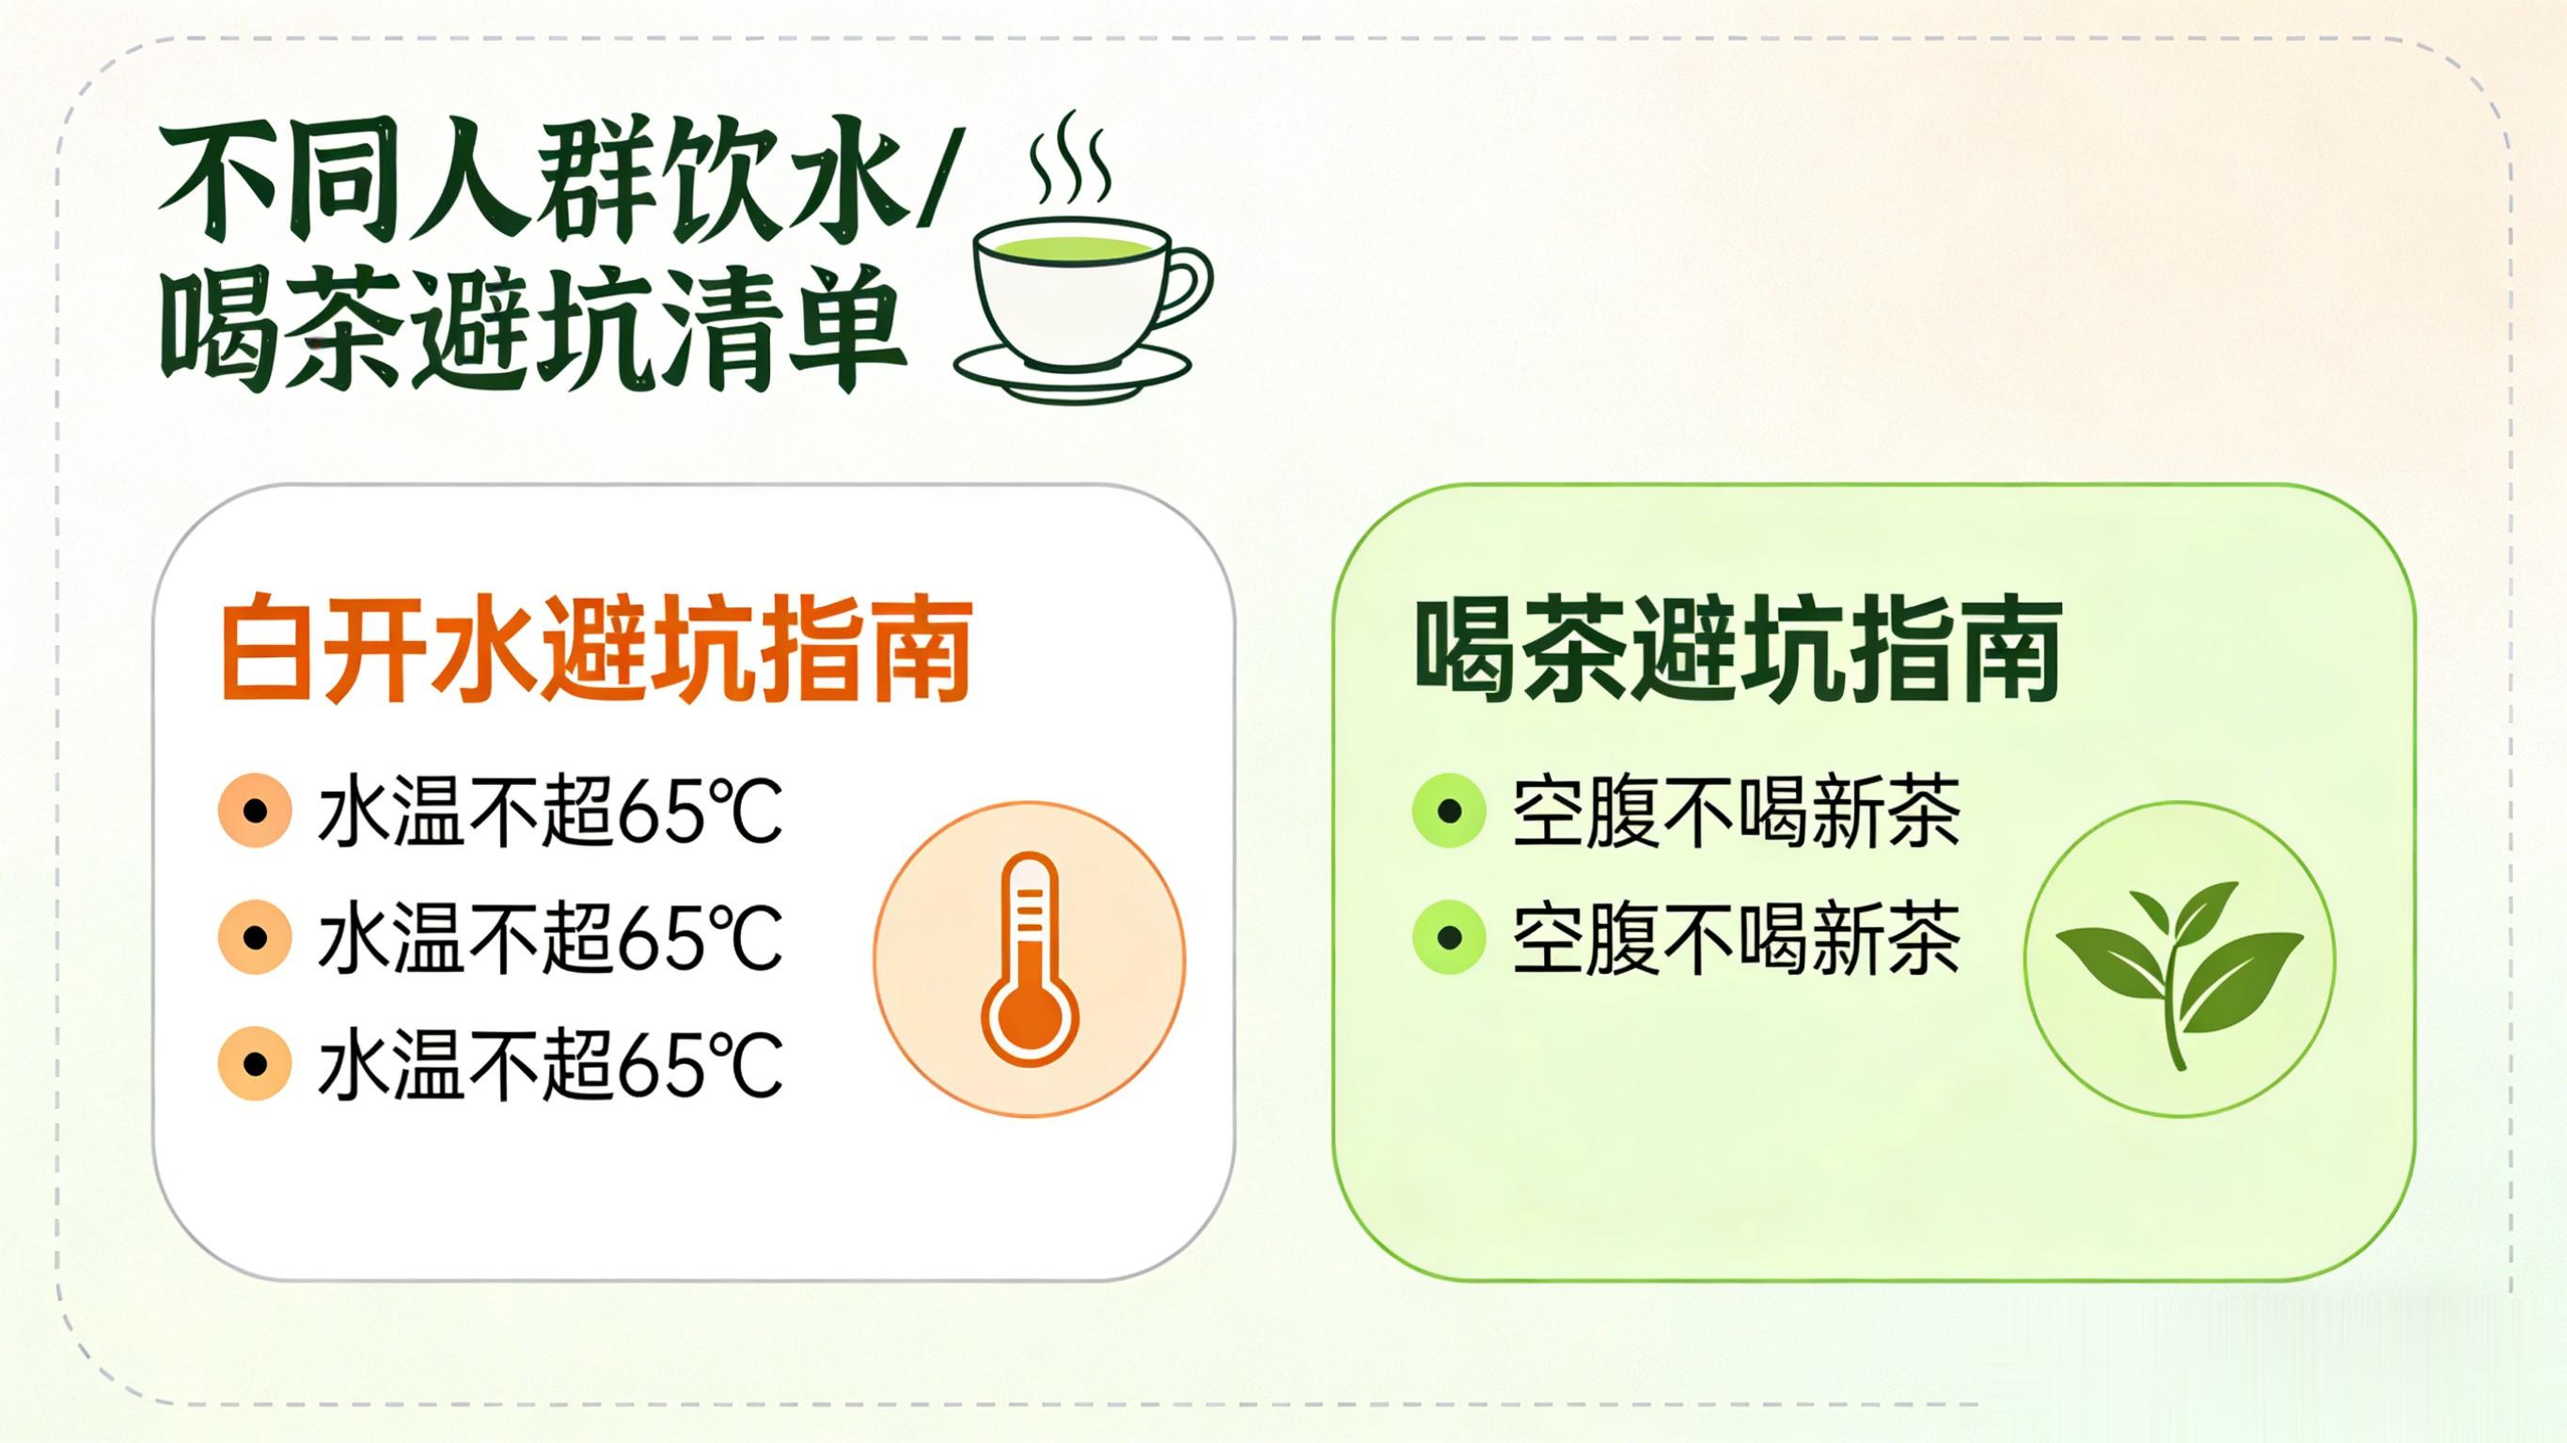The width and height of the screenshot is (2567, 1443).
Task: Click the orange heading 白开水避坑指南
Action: click(x=596, y=649)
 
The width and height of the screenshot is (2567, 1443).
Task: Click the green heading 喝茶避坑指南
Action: click(x=1738, y=649)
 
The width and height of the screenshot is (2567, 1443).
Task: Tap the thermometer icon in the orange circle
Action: click(x=1030, y=959)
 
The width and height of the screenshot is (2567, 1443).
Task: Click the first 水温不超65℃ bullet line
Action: click(x=550, y=811)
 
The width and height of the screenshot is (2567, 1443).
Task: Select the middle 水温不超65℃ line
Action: click(x=550, y=938)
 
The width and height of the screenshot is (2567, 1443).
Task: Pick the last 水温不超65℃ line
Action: click(x=550, y=1064)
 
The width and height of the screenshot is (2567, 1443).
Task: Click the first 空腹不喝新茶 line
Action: click(x=1737, y=811)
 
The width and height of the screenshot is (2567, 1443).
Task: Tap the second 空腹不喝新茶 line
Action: click(x=1737, y=938)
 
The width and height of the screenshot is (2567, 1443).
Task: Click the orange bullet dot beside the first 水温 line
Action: click(x=255, y=811)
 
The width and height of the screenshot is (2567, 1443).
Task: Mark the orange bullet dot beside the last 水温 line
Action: click(x=255, y=1064)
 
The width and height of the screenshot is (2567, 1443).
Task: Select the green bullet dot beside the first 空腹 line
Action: click(x=1450, y=811)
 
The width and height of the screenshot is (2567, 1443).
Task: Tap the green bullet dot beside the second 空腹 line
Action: click(x=1450, y=938)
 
